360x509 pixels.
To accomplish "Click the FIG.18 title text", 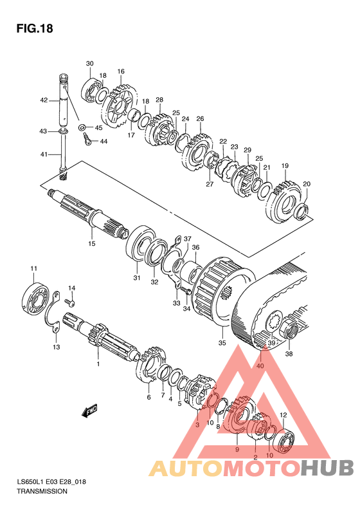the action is [35, 28].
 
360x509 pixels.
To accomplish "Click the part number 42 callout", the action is [44, 100].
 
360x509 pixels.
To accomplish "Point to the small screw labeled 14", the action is [71, 302].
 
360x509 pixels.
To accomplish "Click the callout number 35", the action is [222, 343].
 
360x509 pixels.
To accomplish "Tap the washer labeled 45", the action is [82, 127].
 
